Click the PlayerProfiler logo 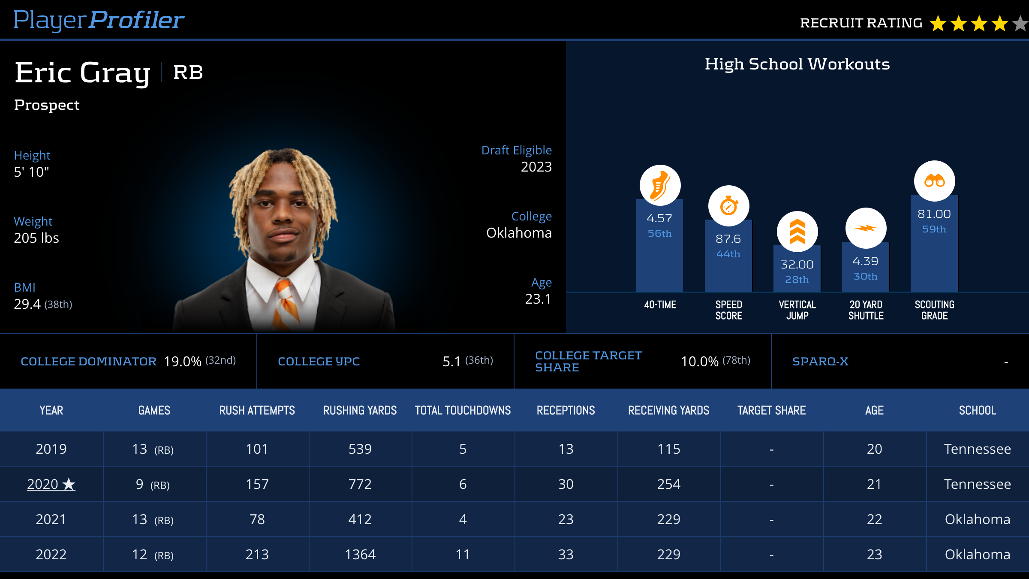click(x=99, y=20)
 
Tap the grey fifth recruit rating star click(x=1020, y=24)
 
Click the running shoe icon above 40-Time click(x=660, y=185)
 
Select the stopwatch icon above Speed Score click(x=728, y=206)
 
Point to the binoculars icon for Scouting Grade click(x=934, y=181)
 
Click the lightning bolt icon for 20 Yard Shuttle click(x=866, y=228)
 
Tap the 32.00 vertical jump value click(x=797, y=265)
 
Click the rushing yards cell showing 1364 click(x=360, y=555)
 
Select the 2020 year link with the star click(x=51, y=484)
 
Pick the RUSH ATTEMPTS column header click(x=257, y=410)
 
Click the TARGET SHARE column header click(x=771, y=410)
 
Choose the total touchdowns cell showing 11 click(x=463, y=555)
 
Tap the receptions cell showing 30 click(x=566, y=484)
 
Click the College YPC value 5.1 click(x=451, y=362)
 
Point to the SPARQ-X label click(x=820, y=362)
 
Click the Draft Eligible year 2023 click(x=536, y=167)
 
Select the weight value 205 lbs click(x=36, y=238)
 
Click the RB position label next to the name click(x=188, y=72)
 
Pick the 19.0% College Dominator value click(x=183, y=362)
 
